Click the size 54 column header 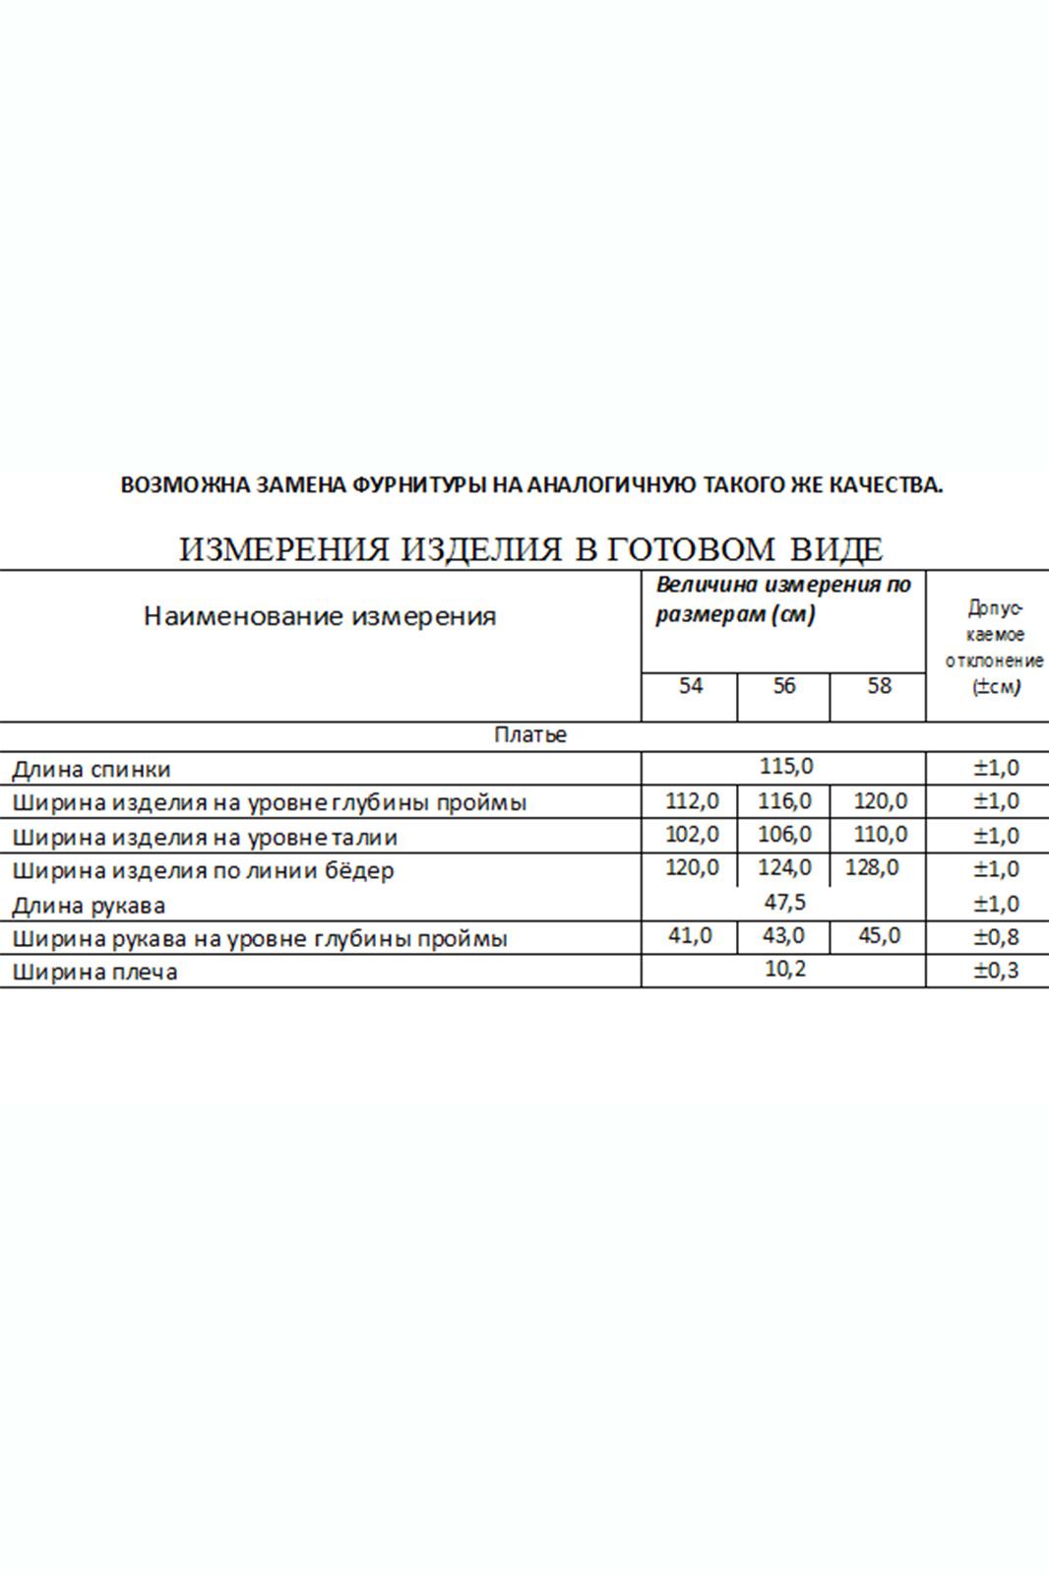pyautogui.click(x=691, y=685)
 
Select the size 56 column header pyautogui.click(x=783, y=685)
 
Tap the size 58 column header pyautogui.click(x=879, y=685)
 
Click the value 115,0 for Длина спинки pyautogui.click(x=785, y=766)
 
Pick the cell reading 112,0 pyautogui.click(x=692, y=800)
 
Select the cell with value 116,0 pyautogui.click(x=784, y=800)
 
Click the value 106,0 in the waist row pyautogui.click(x=784, y=835)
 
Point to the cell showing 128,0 pyautogui.click(x=872, y=868)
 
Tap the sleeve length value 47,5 pyautogui.click(x=785, y=902)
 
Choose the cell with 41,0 pyautogui.click(x=690, y=935)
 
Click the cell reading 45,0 pyautogui.click(x=879, y=935)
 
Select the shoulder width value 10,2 pyautogui.click(x=785, y=970)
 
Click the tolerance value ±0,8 pyautogui.click(x=996, y=937)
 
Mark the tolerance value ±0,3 pyautogui.click(x=996, y=971)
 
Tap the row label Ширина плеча pyautogui.click(x=94, y=973)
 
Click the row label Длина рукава pyautogui.click(x=89, y=905)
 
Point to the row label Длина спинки pyautogui.click(x=91, y=769)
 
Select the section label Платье pyautogui.click(x=530, y=735)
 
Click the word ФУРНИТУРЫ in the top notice pyautogui.click(x=421, y=484)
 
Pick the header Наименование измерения pyautogui.click(x=320, y=617)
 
